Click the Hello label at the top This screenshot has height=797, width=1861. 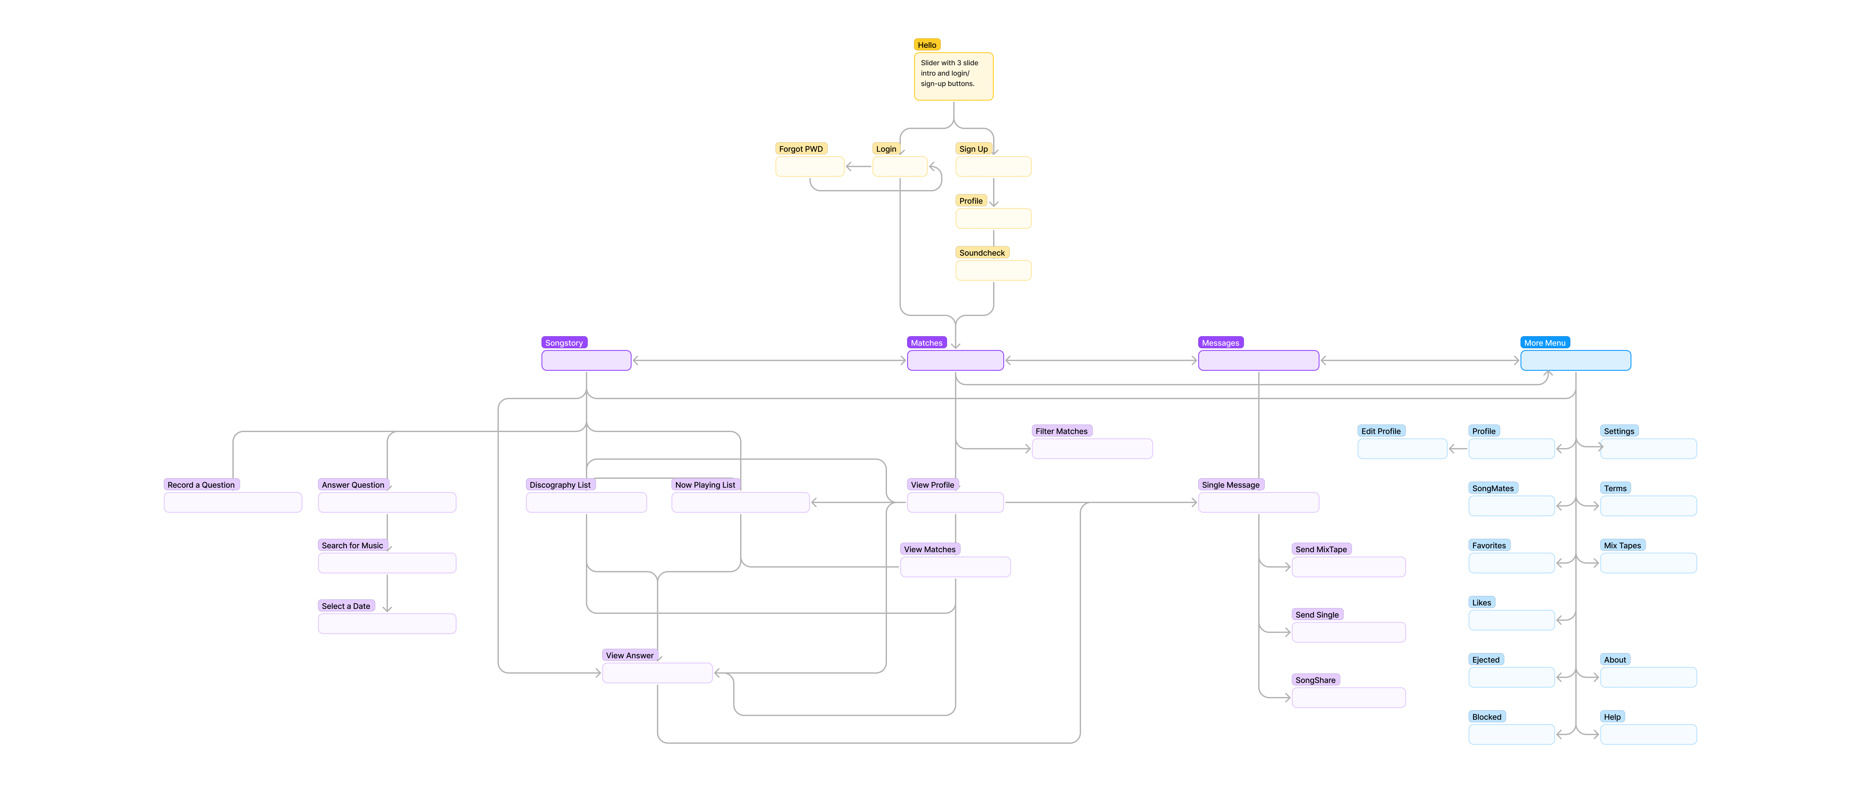[927, 45]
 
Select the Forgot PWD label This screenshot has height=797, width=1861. [801, 149]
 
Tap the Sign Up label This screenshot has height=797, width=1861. [973, 149]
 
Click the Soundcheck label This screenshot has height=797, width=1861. [982, 253]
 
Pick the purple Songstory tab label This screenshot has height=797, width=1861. [564, 343]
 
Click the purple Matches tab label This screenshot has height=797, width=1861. [926, 343]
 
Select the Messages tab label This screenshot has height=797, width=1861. [1220, 343]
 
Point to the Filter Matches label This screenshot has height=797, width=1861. [1061, 431]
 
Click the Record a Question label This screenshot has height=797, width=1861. [201, 485]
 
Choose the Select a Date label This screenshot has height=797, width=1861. [346, 607]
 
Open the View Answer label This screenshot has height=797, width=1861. [630, 655]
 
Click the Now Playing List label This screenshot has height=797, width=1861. [705, 485]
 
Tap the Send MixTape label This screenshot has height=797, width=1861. [1321, 549]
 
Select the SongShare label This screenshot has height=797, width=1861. [1316, 680]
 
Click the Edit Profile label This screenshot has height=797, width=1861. [1381, 431]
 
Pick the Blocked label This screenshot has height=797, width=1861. [1487, 717]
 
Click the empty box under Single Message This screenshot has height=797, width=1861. [1258, 502]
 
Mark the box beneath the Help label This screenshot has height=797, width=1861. [1649, 735]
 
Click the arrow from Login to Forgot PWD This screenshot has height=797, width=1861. [858, 167]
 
